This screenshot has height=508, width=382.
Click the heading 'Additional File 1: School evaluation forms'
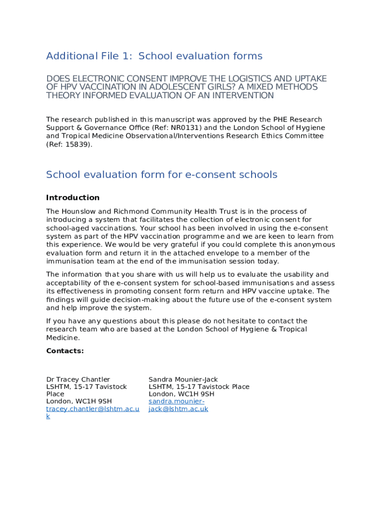tap(154, 56)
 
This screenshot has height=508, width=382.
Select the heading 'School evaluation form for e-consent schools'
tap(162, 175)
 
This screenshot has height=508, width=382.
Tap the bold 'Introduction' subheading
tap(73, 197)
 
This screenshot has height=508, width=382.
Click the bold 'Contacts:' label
tap(65, 351)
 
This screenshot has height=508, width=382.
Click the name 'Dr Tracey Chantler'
tap(78, 380)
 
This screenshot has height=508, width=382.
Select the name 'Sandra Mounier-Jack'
tap(183, 380)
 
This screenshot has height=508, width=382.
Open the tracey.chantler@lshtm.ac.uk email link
tap(93, 409)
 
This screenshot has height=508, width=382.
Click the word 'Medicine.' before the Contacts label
tap(63, 337)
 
